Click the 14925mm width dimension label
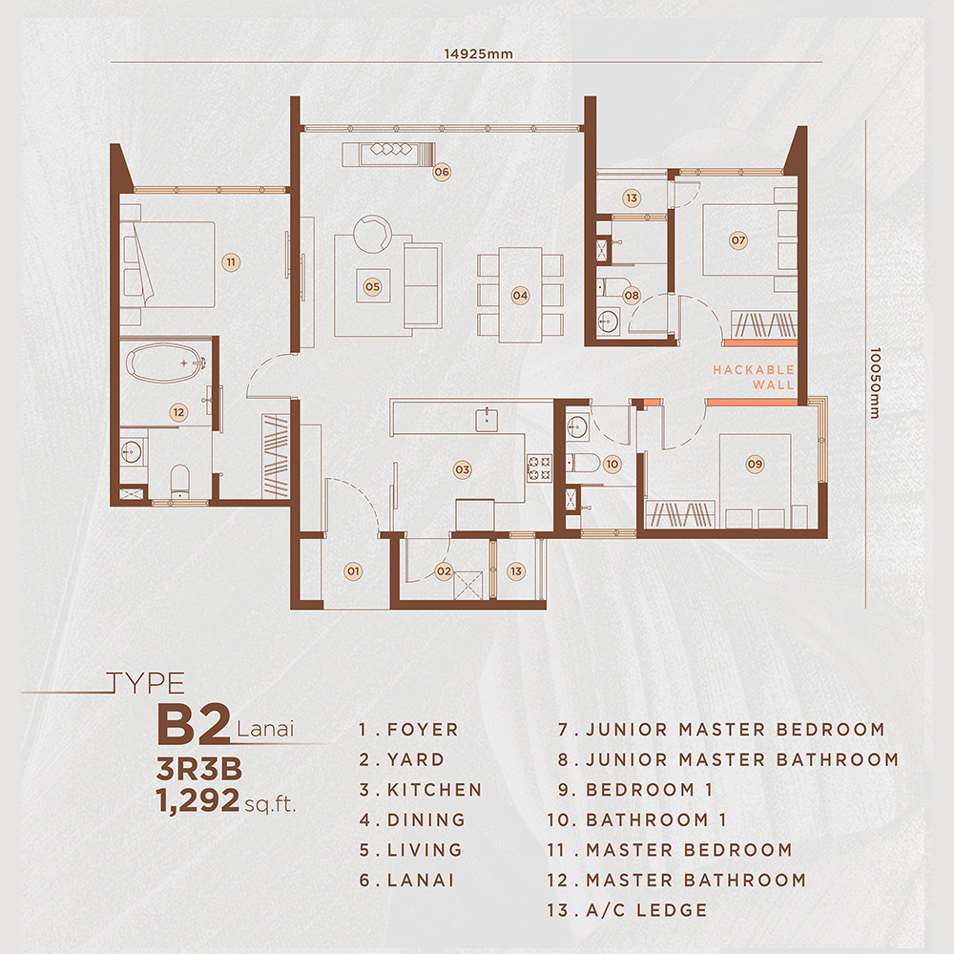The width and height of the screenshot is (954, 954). coord(486,53)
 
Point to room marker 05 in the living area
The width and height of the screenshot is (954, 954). coord(373,285)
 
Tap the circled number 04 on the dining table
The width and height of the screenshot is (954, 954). coord(519,296)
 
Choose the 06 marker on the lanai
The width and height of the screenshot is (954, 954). coord(441,173)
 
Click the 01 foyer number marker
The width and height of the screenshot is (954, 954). coord(353,571)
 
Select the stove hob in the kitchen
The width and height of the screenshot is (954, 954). coord(539,467)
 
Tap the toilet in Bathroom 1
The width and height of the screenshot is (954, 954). coord(584,464)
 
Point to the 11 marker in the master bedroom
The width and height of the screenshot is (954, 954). coord(230,260)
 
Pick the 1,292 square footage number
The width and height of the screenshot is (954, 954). coord(197,800)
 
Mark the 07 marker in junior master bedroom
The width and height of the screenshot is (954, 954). coord(737,240)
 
